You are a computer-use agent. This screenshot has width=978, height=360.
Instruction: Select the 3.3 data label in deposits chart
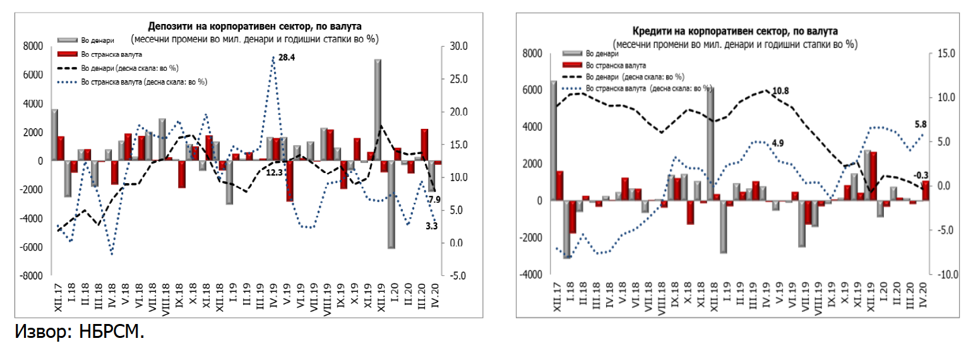[432, 225]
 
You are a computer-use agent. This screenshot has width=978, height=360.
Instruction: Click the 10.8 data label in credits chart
[781, 91]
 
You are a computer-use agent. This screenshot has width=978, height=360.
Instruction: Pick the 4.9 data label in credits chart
[777, 143]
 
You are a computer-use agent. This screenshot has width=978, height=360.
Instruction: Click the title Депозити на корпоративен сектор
[254, 26]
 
